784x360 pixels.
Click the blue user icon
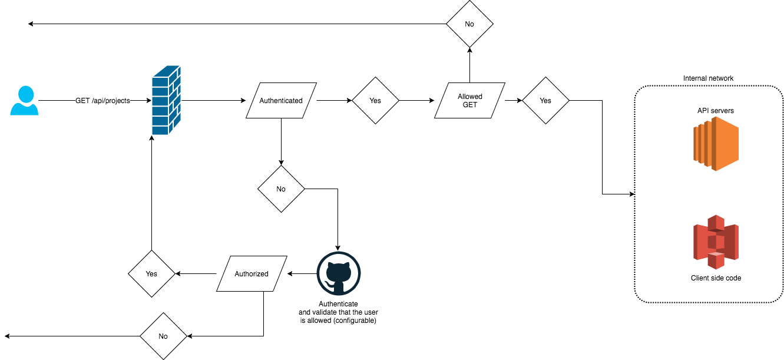[x=24, y=101]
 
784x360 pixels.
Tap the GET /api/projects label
[x=102, y=101]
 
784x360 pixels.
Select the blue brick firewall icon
[x=166, y=100]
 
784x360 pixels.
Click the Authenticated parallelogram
[x=281, y=101]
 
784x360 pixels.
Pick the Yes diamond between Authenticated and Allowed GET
[x=375, y=101]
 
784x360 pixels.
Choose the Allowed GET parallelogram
[x=469, y=101]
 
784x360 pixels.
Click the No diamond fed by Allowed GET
[x=469, y=24]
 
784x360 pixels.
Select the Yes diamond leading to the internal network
[x=545, y=101]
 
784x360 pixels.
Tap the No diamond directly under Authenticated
[x=281, y=189]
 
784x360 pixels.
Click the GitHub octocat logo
[x=339, y=273]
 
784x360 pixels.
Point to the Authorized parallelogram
[x=252, y=273]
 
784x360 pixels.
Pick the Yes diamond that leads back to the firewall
[x=151, y=273]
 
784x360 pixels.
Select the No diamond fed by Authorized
[x=163, y=336]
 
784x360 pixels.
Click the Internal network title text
[x=708, y=78]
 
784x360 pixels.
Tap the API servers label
[x=716, y=111]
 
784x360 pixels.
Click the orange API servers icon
[x=716, y=144]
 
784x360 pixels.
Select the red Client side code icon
[x=716, y=242]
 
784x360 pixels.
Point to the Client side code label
[x=716, y=278]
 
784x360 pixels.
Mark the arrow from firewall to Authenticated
[x=213, y=101]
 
